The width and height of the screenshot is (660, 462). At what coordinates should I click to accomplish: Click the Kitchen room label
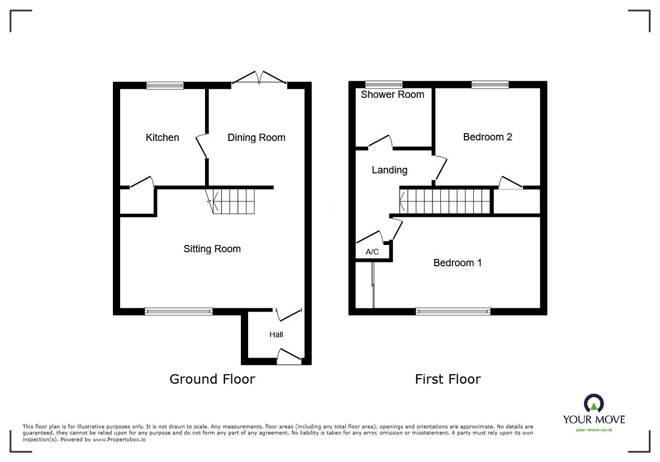pyautogui.click(x=162, y=137)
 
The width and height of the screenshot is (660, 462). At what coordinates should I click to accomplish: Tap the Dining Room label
pyautogui.click(x=257, y=137)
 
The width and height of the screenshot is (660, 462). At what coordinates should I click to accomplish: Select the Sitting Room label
pyautogui.click(x=212, y=249)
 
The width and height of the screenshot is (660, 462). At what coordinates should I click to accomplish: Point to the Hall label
pyautogui.click(x=276, y=334)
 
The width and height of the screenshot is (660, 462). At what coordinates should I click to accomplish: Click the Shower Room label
pyautogui.click(x=392, y=95)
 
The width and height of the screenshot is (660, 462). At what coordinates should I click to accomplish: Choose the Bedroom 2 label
pyautogui.click(x=487, y=137)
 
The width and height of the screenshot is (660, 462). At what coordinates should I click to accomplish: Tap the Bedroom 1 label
pyautogui.click(x=458, y=263)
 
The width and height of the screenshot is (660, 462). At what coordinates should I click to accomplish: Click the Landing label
pyautogui.click(x=390, y=170)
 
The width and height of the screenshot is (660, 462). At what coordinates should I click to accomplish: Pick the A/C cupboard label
pyautogui.click(x=372, y=252)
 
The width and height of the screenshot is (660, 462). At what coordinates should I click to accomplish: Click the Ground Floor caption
pyautogui.click(x=212, y=379)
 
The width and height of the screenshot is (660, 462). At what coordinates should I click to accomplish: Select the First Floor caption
pyautogui.click(x=448, y=379)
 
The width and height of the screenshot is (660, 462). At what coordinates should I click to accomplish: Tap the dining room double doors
pyautogui.click(x=260, y=78)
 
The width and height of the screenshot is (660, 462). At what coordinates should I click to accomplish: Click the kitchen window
pyautogui.click(x=165, y=86)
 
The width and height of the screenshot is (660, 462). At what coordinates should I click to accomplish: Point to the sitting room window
pyautogui.click(x=178, y=312)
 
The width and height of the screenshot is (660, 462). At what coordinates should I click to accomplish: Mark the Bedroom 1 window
pyautogui.click(x=453, y=312)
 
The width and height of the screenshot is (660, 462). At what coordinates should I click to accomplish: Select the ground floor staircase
pyautogui.click(x=231, y=201)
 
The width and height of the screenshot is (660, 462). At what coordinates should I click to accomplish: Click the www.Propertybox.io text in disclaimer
pyautogui.click(x=119, y=439)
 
